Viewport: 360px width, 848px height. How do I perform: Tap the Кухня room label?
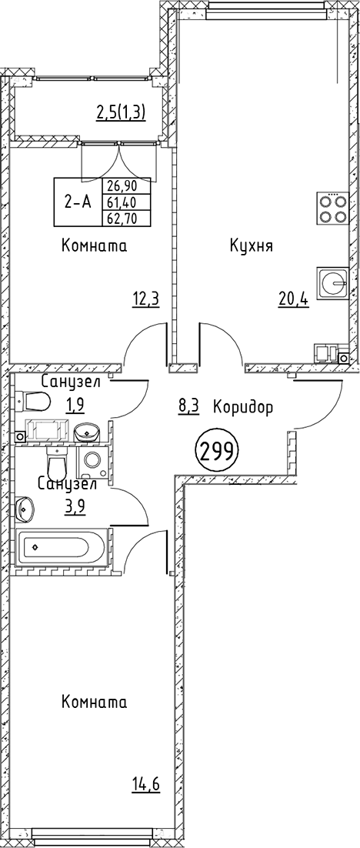pyautogui.click(x=252, y=246)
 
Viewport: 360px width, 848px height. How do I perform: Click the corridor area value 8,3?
pyautogui.click(x=188, y=407)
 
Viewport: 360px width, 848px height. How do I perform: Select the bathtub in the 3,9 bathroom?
pyautogui.click(x=59, y=547)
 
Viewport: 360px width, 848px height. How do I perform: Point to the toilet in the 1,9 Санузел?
pyautogui.click(x=35, y=400)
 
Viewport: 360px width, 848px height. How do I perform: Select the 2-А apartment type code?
pyautogui.click(x=78, y=202)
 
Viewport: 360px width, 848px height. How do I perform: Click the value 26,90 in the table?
pyautogui.click(x=127, y=187)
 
